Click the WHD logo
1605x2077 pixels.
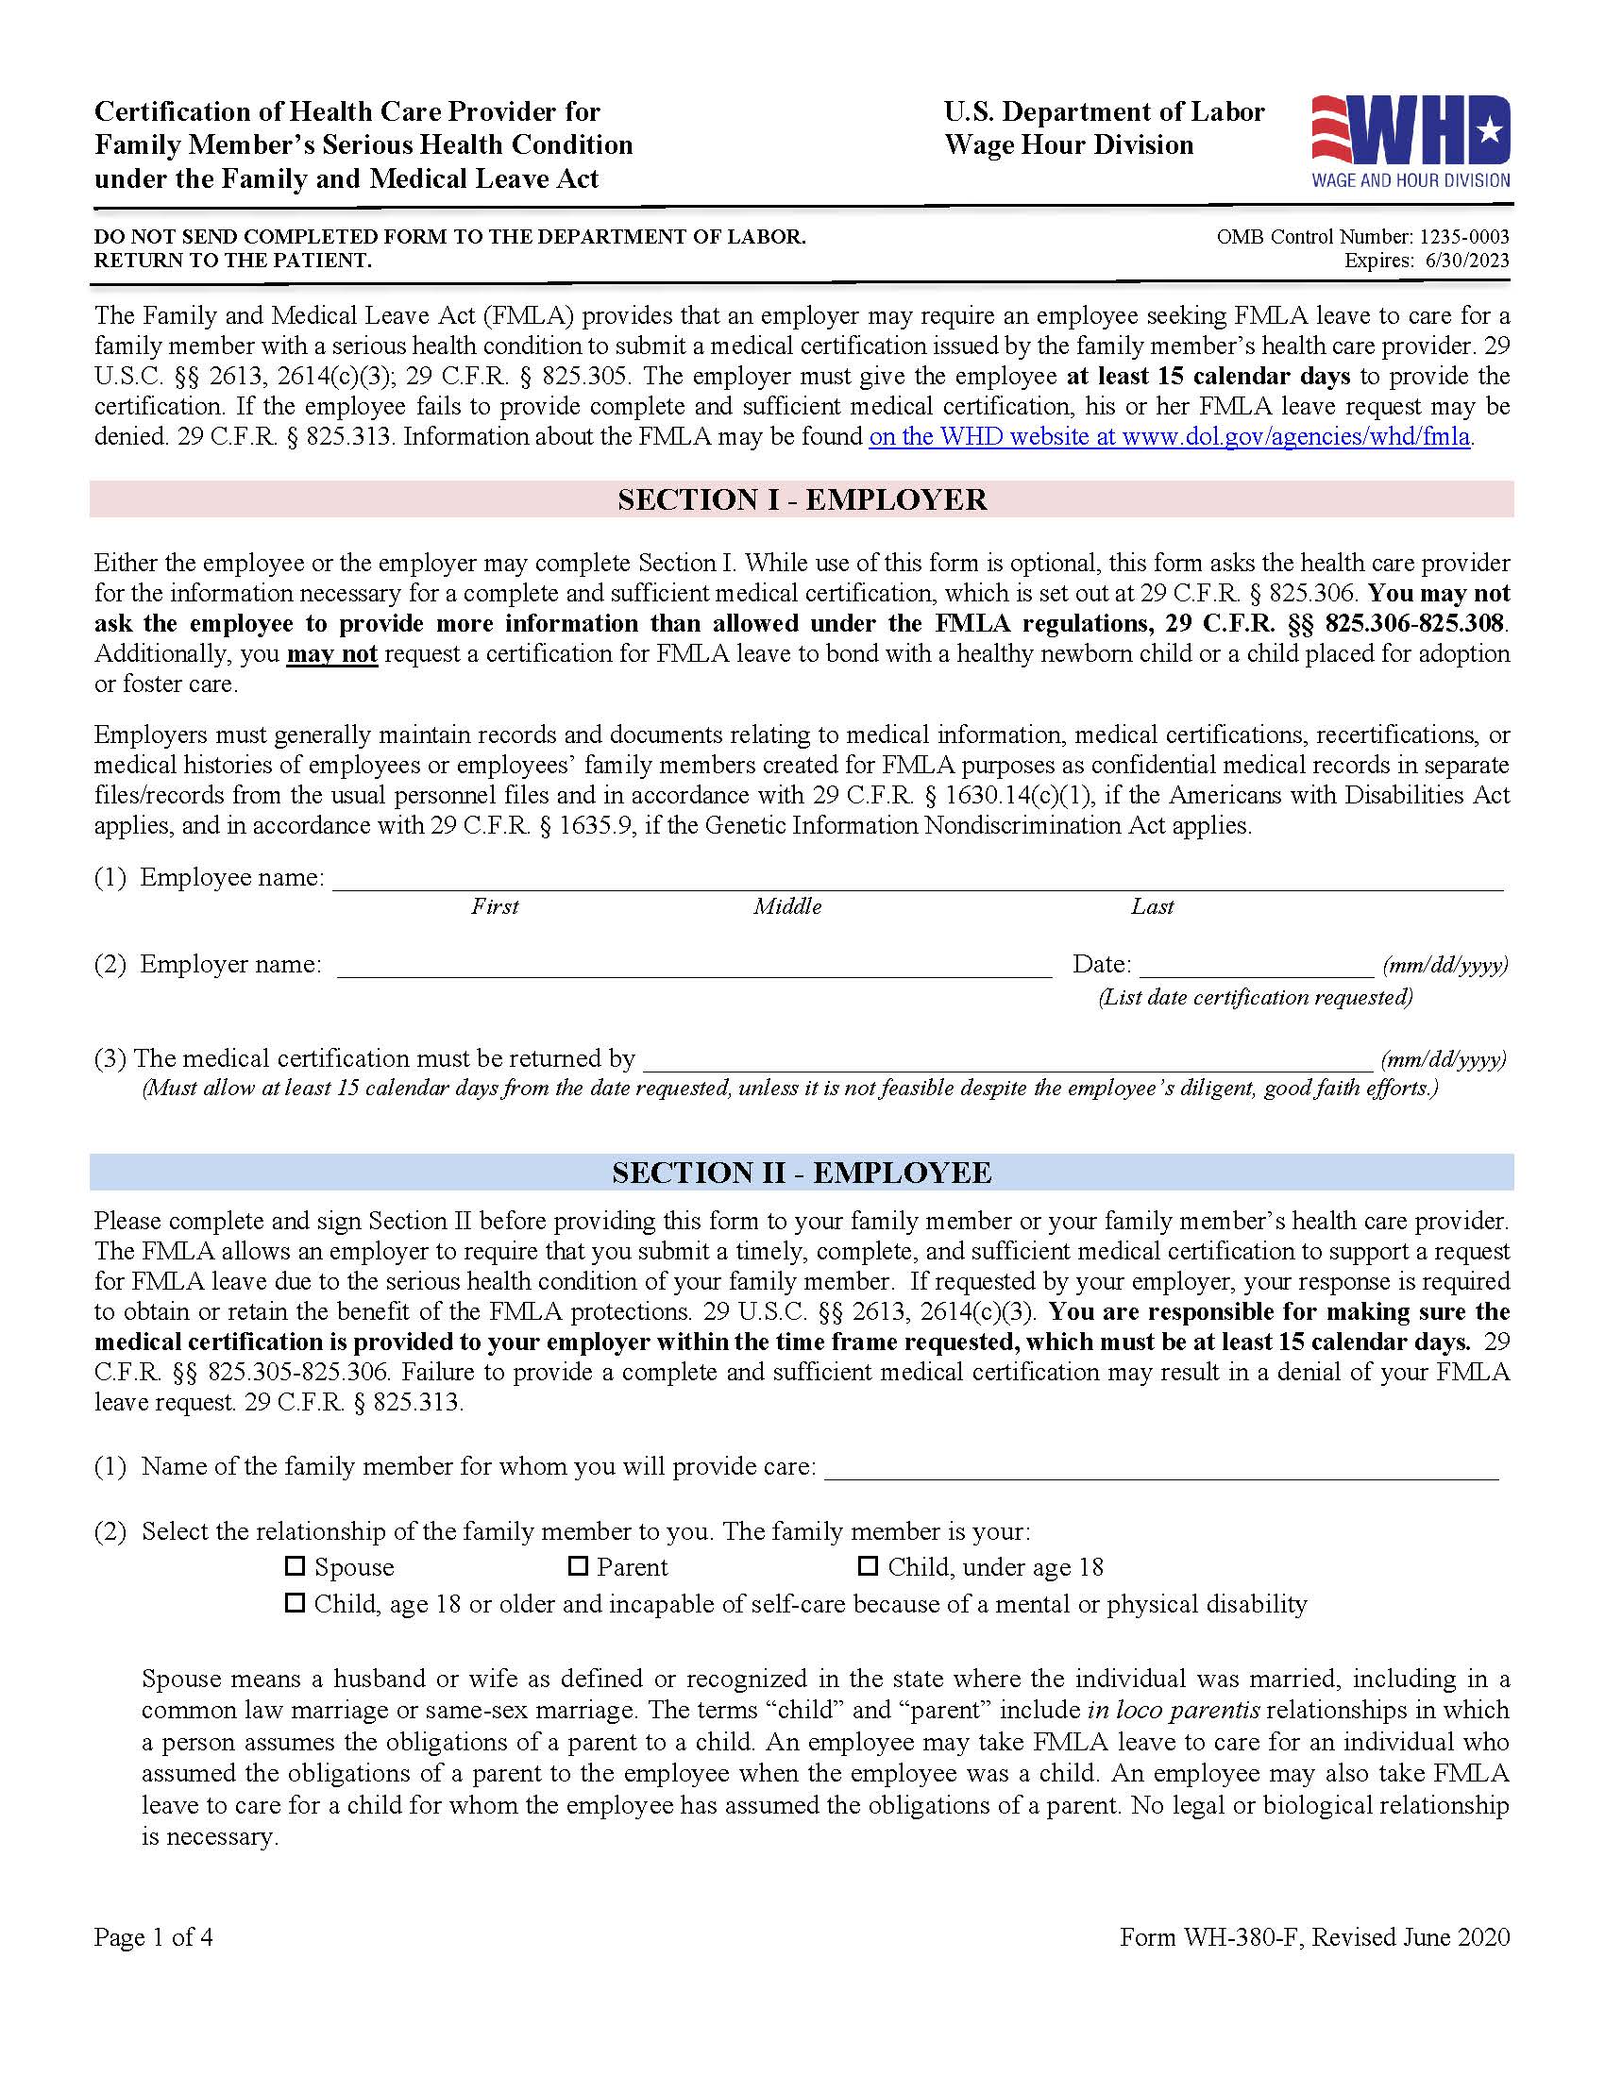coord(1411,141)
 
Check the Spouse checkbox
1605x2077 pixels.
coord(296,1565)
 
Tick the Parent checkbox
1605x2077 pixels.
coord(578,1565)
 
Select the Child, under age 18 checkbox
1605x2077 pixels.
coord(868,1565)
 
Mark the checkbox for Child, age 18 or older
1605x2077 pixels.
coord(296,1603)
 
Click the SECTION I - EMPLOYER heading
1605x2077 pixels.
coord(802,500)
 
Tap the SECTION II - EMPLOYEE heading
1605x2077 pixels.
coord(802,1173)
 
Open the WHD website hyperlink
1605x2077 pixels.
coord(1170,437)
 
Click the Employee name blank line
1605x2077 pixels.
coord(918,881)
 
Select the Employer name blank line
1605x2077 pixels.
coord(694,968)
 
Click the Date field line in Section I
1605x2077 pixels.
coord(1256,968)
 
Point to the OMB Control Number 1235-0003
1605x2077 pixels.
coord(1361,237)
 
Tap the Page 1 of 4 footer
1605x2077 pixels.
coord(153,1937)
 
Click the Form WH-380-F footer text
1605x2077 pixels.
coord(1314,1937)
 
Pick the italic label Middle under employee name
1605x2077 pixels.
coord(787,906)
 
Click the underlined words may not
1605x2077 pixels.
coord(331,654)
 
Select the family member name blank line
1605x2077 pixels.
coord(1161,1470)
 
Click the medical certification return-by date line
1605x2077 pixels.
coord(1008,1062)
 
